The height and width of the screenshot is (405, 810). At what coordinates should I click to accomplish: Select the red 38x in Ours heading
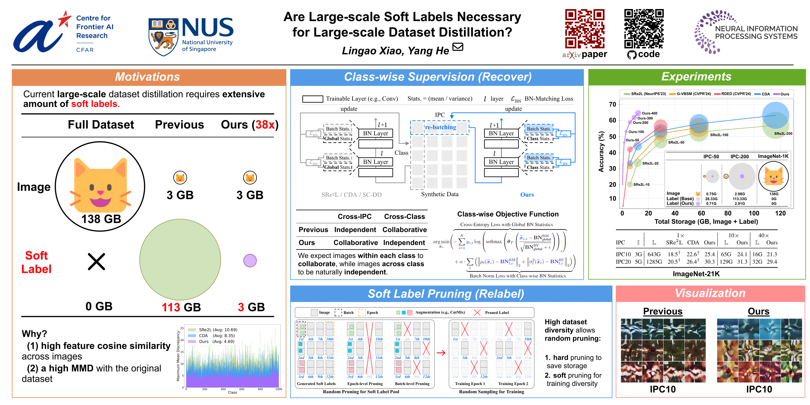point(265,125)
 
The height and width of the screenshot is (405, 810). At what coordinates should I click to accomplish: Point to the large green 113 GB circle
point(180,259)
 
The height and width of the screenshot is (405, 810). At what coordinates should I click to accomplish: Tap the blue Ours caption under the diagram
point(527,195)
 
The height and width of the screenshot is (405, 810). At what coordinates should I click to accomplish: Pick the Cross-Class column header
point(404,217)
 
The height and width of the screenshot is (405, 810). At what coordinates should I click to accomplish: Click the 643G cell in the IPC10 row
point(654,254)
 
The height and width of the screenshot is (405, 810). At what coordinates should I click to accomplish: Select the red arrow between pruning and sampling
point(441,353)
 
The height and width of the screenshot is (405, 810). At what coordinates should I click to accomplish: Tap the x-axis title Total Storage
point(706,222)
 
